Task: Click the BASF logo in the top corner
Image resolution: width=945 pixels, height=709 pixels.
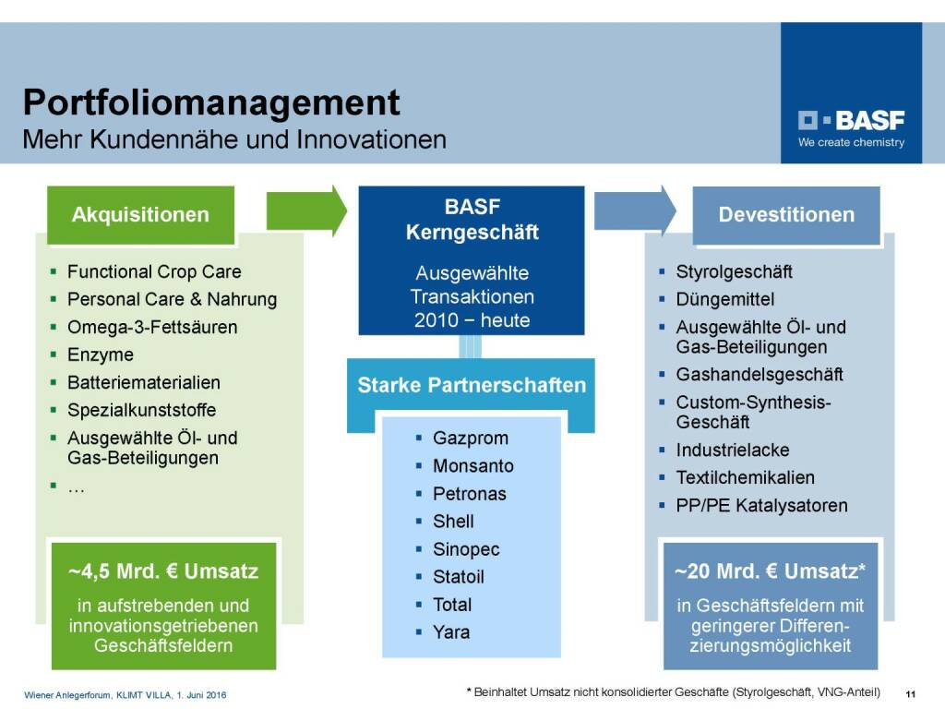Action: [851, 128]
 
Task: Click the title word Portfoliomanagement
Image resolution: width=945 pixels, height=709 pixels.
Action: [211, 102]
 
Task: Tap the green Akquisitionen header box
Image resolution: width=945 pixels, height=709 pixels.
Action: [140, 214]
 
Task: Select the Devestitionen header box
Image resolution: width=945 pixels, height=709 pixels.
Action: [786, 214]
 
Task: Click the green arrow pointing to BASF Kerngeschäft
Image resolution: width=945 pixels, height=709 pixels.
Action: [306, 211]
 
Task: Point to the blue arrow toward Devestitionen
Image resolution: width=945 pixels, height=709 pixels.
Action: [635, 211]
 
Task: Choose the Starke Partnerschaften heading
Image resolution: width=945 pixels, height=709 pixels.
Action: [472, 385]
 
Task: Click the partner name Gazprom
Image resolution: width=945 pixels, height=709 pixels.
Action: [470, 439]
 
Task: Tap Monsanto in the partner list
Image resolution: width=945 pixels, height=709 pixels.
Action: [473, 466]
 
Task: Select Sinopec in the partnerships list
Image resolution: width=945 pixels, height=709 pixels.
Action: [466, 549]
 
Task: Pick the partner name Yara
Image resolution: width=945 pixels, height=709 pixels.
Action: [450, 632]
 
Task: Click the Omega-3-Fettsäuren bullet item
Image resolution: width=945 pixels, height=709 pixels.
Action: [152, 328]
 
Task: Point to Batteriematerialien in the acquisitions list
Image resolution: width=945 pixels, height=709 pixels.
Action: [143, 383]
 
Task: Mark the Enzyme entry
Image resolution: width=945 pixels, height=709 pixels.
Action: [101, 355]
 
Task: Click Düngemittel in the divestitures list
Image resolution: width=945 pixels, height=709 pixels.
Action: [725, 300]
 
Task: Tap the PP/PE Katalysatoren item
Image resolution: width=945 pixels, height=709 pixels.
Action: [761, 506]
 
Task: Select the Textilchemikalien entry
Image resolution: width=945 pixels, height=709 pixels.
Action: [745, 478]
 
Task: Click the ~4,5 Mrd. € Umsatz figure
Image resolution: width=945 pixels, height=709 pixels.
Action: [163, 571]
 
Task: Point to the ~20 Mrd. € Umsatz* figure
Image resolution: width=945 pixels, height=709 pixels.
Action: [771, 571]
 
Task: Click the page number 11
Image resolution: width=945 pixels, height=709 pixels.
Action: [910, 694]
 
